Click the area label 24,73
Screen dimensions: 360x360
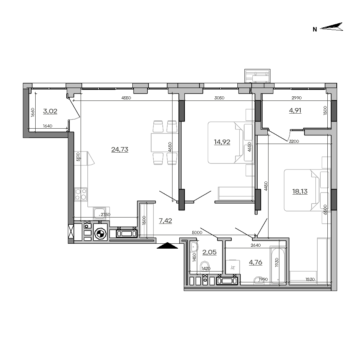(x=120, y=150)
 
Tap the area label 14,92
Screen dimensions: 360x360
(x=222, y=142)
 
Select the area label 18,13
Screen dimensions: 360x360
(x=300, y=191)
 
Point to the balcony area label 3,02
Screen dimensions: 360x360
(x=50, y=111)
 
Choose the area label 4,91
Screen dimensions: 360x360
(x=295, y=110)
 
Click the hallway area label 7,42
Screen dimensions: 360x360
(x=165, y=220)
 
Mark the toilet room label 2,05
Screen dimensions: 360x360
(x=209, y=252)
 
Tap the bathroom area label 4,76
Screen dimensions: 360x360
(x=255, y=262)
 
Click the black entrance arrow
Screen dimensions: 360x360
(x=168, y=246)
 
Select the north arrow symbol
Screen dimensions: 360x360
(x=331, y=27)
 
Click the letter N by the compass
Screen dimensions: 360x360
(x=315, y=29)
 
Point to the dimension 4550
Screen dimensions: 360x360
(x=126, y=98)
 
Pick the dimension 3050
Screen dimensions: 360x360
(x=219, y=98)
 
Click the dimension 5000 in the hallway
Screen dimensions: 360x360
(x=197, y=232)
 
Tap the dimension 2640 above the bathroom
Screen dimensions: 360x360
(x=255, y=245)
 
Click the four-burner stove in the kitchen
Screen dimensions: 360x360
(x=81, y=194)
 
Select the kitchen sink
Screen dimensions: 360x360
(x=99, y=213)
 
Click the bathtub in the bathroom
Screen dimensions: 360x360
(x=278, y=265)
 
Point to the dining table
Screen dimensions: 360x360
(x=165, y=142)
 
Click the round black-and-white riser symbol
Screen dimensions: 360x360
(x=100, y=234)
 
